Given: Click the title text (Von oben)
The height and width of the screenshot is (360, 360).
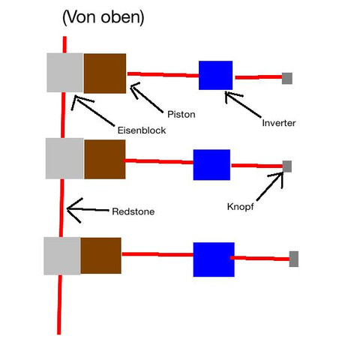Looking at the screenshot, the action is click(x=103, y=17).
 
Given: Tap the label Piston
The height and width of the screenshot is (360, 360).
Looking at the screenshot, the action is click(x=181, y=115).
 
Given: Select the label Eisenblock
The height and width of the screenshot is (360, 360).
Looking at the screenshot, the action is click(x=142, y=130).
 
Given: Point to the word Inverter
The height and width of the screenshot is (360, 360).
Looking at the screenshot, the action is click(x=279, y=123).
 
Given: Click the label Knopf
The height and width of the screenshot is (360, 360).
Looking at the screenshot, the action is click(x=240, y=207).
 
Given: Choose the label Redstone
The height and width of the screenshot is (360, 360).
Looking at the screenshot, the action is click(x=133, y=211).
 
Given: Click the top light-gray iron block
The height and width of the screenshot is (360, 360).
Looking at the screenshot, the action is click(x=65, y=73).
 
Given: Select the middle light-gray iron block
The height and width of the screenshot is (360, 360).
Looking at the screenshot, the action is click(x=64, y=158).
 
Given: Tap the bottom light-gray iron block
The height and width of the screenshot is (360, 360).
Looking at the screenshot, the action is click(x=62, y=256).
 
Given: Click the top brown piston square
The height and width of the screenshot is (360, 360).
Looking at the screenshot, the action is click(x=105, y=73).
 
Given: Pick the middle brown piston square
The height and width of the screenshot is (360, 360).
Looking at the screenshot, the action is click(x=105, y=159).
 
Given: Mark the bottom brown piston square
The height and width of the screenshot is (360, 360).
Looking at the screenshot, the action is click(x=101, y=256).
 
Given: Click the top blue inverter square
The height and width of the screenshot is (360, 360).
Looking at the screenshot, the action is click(x=215, y=75).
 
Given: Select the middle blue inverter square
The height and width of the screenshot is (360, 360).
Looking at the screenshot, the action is click(x=211, y=165).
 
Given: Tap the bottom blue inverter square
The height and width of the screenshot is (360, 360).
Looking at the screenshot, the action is click(x=214, y=259).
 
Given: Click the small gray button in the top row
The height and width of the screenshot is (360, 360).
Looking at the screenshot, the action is click(x=287, y=79).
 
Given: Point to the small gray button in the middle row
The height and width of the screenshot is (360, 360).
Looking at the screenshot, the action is click(x=287, y=166).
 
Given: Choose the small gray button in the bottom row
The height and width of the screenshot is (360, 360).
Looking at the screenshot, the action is click(x=294, y=259).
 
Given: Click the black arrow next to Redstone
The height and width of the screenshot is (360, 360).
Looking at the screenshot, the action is click(x=88, y=210).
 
